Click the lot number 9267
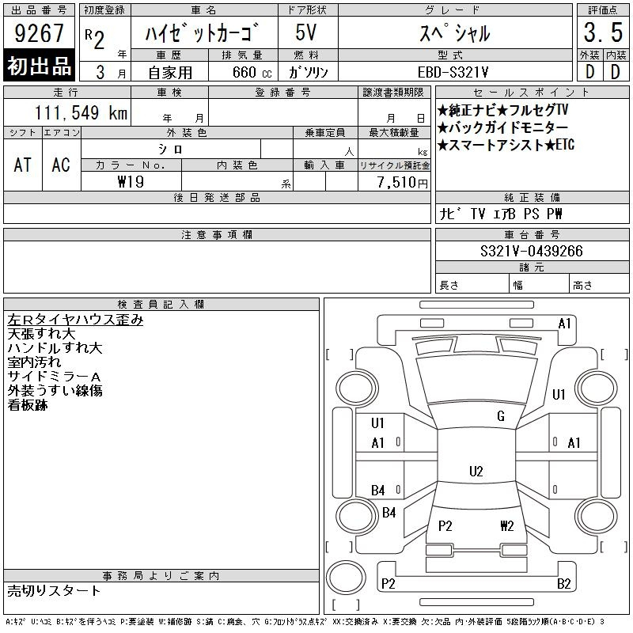point(39,33)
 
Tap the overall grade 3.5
point(603,32)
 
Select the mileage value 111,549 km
point(81,113)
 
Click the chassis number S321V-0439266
point(532,251)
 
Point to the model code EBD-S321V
point(453,72)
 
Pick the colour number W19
point(131,182)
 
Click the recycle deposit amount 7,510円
point(403,183)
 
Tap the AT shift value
point(23,165)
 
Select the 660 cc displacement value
point(252,72)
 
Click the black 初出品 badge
point(39,66)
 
